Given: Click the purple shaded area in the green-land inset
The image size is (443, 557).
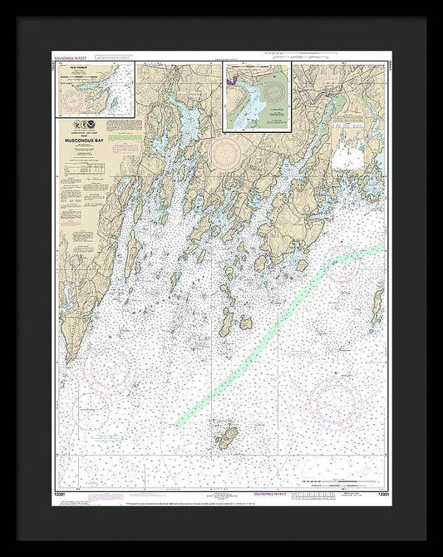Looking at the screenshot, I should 236,81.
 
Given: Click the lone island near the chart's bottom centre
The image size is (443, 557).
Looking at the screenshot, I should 227,438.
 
